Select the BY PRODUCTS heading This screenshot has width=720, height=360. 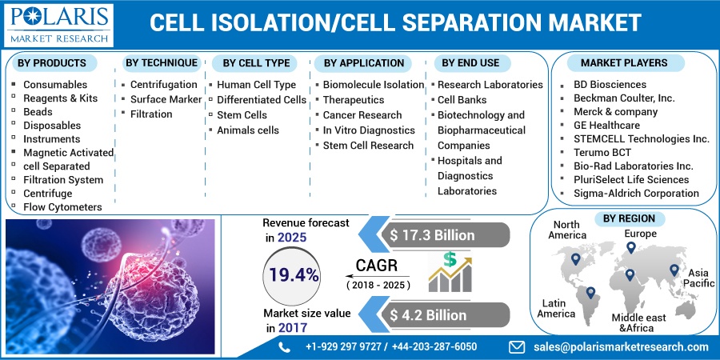52,62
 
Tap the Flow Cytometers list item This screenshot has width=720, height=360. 62,207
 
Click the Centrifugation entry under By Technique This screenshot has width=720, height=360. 163,84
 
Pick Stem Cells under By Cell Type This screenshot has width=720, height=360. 243,114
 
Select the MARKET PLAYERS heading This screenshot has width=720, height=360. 623,62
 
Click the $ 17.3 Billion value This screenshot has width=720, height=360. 432,235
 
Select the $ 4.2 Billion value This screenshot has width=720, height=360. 429,315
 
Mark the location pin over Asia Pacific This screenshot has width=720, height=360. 674,272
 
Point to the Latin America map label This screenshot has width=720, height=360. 556,307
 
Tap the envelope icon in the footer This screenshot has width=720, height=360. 517,346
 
